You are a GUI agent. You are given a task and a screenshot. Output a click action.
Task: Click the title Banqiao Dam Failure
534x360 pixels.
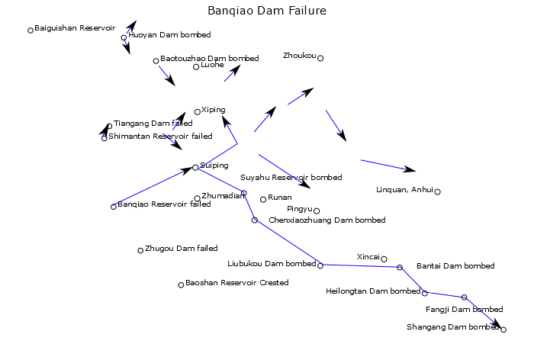point(267,11)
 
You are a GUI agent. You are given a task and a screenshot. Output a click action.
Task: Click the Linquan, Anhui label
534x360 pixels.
point(404,190)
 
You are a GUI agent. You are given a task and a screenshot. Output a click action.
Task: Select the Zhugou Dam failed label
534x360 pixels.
point(182,249)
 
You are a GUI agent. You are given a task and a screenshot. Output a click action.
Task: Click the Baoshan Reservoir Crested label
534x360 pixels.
point(237,283)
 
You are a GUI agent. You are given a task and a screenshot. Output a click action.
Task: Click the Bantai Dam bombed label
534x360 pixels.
point(455,265)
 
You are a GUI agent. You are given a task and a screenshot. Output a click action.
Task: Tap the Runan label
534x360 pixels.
point(280,198)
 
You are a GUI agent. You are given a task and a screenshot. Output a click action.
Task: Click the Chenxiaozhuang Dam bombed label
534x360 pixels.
point(327,220)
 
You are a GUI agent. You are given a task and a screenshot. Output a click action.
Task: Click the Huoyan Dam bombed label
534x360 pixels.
point(169,35)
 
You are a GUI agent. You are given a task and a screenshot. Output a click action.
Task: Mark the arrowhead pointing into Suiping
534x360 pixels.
point(188,170)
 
